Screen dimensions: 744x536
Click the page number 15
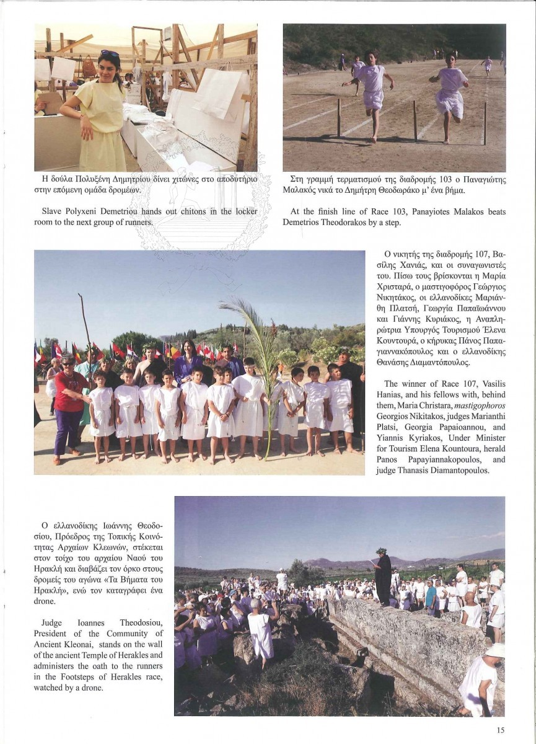coord(500,730)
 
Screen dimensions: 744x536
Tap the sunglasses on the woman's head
coord(110,54)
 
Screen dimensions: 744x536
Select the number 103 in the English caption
coord(385,211)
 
